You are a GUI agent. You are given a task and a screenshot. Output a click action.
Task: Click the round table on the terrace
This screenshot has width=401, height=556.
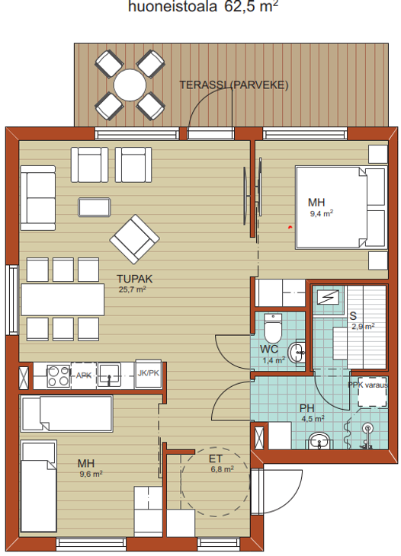[x=130, y=85]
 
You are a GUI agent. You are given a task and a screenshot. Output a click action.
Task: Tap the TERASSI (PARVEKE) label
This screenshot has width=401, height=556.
[x=234, y=85]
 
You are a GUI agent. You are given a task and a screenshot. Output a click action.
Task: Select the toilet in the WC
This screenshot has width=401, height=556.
[x=272, y=328]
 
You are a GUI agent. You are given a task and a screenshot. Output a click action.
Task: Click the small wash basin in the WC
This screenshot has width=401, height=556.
[x=297, y=353]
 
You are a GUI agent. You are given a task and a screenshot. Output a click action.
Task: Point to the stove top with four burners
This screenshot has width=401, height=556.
[x=59, y=375]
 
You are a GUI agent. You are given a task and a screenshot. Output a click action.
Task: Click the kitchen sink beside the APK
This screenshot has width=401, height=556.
[x=109, y=375]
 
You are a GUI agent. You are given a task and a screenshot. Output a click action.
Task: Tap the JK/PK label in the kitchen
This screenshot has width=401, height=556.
[x=149, y=373]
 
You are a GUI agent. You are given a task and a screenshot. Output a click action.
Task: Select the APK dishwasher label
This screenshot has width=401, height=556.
[x=84, y=375]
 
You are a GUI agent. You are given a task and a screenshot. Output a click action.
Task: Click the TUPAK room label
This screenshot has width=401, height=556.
[x=135, y=279]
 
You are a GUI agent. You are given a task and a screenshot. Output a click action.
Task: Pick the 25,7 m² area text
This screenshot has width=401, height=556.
[x=133, y=289]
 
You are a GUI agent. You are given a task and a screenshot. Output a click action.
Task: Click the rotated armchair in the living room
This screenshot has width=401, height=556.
[x=134, y=239]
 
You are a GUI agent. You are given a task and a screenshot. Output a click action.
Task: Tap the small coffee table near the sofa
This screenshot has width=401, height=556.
[x=95, y=207]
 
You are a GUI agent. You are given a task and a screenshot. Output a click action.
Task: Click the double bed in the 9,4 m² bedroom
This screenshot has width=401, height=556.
[x=341, y=207]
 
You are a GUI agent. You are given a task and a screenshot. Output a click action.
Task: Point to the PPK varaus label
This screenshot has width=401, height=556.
[x=367, y=385]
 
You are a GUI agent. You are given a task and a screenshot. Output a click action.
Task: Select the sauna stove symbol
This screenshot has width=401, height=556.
[x=329, y=297]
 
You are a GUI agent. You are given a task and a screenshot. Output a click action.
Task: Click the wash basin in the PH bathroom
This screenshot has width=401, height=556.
[x=319, y=441]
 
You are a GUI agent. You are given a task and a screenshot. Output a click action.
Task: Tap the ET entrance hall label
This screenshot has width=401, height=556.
[x=216, y=459]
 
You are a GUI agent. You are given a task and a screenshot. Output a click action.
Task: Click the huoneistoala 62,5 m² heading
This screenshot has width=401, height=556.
[x=203, y=7]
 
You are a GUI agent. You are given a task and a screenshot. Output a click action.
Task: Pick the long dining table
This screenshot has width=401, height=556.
[x=63, y=299]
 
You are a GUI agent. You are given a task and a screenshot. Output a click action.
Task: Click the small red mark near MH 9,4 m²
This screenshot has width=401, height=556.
[x=290, y=227]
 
